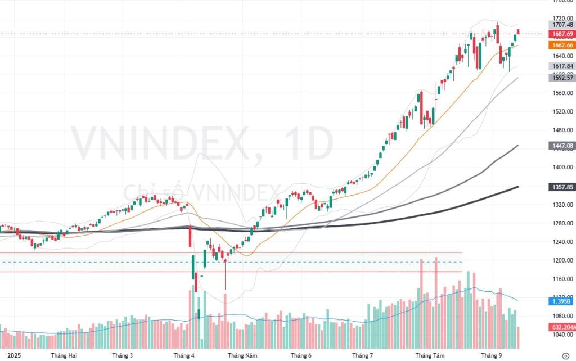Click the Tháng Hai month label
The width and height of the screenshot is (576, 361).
tap(64, 355)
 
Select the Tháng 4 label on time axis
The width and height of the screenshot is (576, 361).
tap(184, 355)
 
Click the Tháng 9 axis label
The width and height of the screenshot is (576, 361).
tap(491, 355)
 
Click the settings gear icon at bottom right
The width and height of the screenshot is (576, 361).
tap(565, 355)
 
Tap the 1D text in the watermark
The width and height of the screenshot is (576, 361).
tap(308, 145)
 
